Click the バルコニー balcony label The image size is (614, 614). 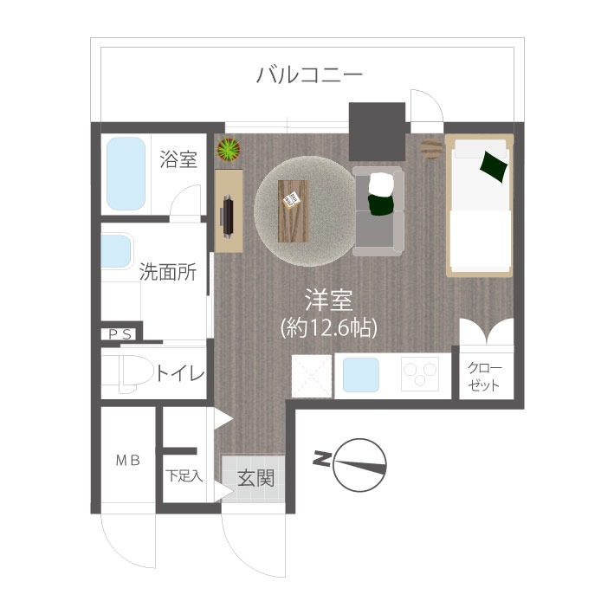(309, 74)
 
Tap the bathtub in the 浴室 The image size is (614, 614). (126, 173)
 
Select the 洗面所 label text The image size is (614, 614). (168, 271)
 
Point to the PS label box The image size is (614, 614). (120, 334)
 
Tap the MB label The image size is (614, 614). (128, 461)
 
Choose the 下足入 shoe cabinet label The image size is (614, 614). (184, 475)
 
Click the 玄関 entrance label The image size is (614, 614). (255, 478)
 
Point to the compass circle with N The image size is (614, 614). (360, 465)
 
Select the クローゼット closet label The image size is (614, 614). (484, 377)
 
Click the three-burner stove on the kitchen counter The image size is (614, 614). (420, 374)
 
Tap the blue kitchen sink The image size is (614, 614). (361, 375)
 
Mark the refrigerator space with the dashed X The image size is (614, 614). (312, 376)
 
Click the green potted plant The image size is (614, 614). (229, 149)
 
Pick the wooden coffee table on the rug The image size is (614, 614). (294, 211)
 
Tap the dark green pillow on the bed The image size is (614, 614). (494, 166)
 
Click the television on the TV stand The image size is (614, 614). (227, 217)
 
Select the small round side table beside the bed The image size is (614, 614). (432, 148)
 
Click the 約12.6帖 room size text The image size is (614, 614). (329, 328)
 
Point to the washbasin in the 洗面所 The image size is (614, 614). (116, 250)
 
